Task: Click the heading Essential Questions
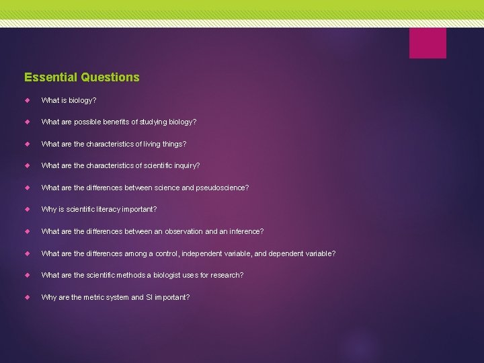[81, 77]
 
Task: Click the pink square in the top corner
[428, 43]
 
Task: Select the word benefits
[122, 122]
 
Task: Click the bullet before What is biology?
[28, 100]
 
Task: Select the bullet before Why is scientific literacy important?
[28, 209]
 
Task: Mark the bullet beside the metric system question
[28, 296]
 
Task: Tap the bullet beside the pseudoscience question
[28, 188]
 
